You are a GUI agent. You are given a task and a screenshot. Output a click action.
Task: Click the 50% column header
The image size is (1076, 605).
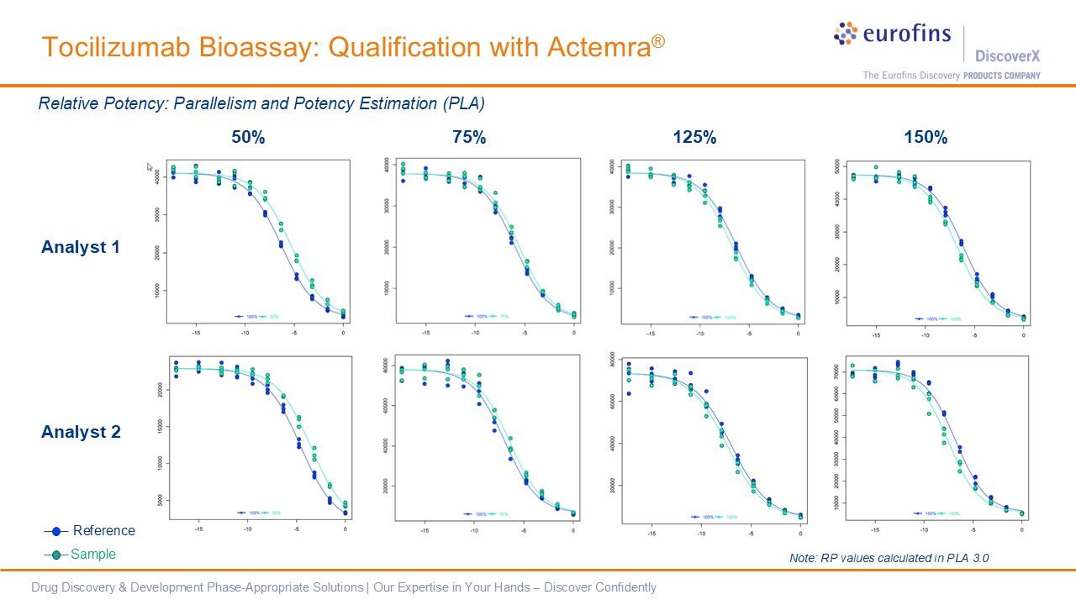tap(248, 138)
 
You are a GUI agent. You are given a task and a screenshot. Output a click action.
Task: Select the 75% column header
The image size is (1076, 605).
tap(469, 138)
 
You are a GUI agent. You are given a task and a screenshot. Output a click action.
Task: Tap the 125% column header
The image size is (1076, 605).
tap(694, 138)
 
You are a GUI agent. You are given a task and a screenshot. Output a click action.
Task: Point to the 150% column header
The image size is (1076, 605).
tap(926, 138)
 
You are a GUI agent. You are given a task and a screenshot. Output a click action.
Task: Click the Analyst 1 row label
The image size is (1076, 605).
tap(81, 247)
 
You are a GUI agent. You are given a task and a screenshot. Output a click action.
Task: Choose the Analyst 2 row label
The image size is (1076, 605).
tap(81, 432)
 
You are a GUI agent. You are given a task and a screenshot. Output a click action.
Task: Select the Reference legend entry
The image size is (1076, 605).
tap(103, 530)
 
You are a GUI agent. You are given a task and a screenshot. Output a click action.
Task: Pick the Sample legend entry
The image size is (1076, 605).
tap(92, 554)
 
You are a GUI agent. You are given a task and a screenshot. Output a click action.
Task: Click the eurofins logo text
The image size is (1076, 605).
tap(906, 34)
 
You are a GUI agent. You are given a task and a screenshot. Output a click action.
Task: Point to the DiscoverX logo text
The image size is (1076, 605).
tap(1007, 56)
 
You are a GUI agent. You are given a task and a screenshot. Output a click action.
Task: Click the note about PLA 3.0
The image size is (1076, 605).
tap(883, 557)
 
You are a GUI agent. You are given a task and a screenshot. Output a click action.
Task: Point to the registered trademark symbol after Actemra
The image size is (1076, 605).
tap(657, 39)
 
